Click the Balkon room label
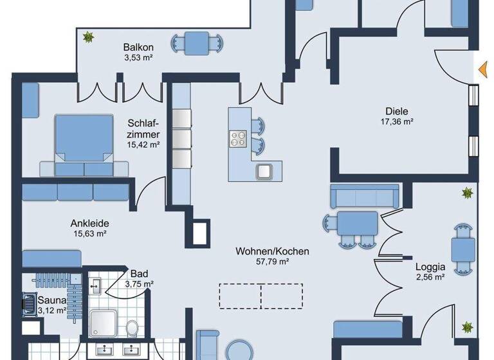tap(138, 47)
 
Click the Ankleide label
tap(89, 224)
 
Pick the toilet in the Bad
tap(132, 328)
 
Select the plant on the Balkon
tap(87, 37)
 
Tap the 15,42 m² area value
tap(143, 145)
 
